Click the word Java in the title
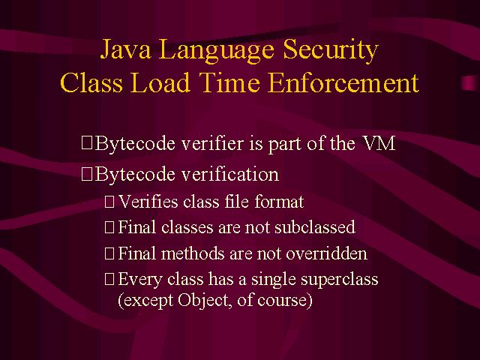click(x=125, y=49)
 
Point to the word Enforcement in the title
click(x=343, y=82)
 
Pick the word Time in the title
click(x=229, y=82)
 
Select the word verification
click(x=230, y=174)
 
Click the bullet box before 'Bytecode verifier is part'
click(x=87, y=143)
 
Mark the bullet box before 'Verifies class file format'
click(x=109, y=202)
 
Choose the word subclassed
click(x=315, y=227)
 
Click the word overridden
click(x=326, y=253)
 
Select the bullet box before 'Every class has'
click(x=109, y=279)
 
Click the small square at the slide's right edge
click(x=469, y=82)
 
